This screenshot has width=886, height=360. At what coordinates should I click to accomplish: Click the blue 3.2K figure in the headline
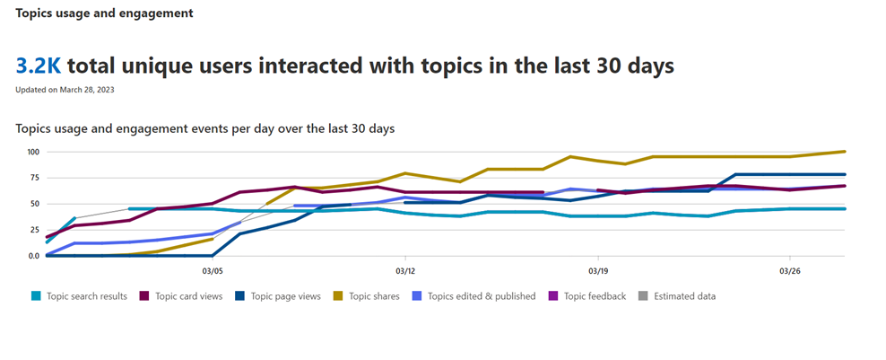tap(38, 66)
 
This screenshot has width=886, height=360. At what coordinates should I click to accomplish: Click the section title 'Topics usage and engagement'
tap(104, 14)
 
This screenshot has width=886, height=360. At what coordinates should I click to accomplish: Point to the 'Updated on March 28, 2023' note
tap(65, 90)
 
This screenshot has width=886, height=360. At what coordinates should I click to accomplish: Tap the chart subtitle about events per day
tap(205, 128)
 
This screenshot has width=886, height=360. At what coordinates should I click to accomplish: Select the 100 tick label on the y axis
tap(34, 152)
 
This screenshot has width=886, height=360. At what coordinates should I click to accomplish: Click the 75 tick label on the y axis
tap(34, 178)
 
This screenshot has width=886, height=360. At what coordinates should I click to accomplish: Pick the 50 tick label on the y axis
tap(34, 204)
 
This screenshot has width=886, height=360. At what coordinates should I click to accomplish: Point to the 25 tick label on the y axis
tap(34, 230)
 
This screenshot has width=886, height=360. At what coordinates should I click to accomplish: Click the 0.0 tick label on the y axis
tap(32, 256)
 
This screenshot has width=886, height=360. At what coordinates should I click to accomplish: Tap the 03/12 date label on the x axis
tap(404, 270)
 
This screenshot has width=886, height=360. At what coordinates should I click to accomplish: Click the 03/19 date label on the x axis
tap(597, 270)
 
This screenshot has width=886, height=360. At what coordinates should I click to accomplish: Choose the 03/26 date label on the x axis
tap(789, 270)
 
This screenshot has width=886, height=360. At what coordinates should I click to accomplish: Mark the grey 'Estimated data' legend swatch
tap(645, 296)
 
